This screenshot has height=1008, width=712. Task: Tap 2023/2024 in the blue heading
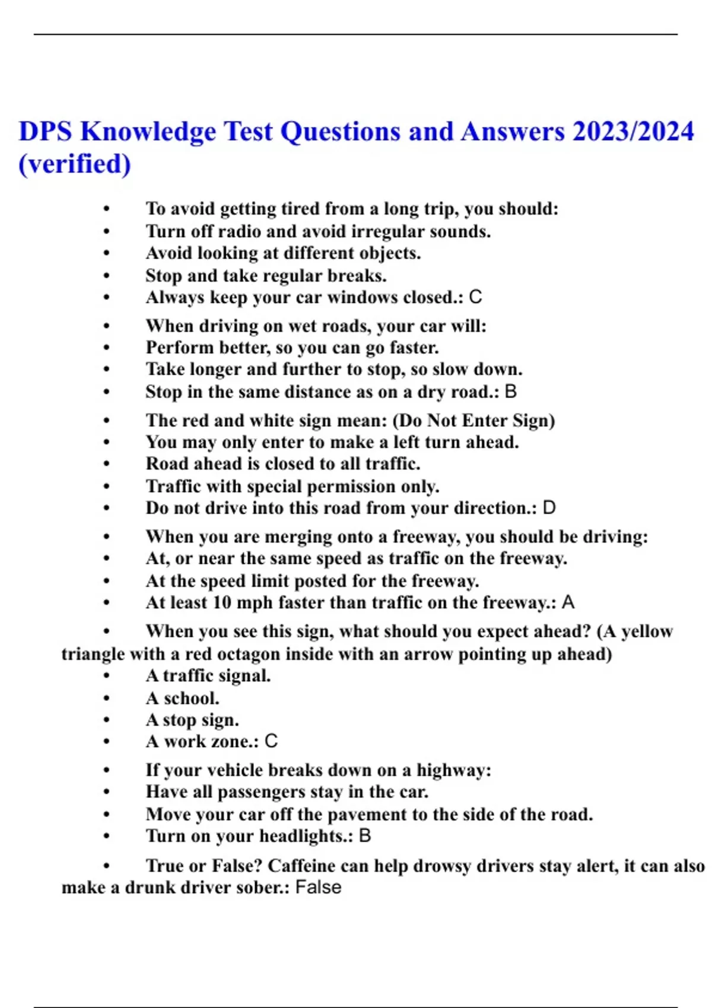[x=632, y=132]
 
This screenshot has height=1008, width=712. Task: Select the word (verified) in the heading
[x=75, y=164]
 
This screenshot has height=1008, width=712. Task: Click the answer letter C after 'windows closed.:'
[x=475, y=297]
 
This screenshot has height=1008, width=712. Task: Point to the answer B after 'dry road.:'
[x=510, y=391]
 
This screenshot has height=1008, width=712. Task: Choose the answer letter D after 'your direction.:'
[x=549, y=508]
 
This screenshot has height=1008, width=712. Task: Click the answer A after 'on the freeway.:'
[x=568, y=602]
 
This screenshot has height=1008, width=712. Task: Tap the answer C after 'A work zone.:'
[x=271, y=741]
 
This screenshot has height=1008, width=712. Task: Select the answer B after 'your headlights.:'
[x=365, y=836]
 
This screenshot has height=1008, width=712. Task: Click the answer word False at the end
[x=318, y=888]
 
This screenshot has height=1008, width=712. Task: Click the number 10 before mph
[x=222, y=602]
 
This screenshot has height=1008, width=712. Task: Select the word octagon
[x=248, y=654]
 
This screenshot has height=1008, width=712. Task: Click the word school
[x=191, y=698]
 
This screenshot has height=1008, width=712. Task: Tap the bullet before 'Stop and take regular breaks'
[x=107, y=276]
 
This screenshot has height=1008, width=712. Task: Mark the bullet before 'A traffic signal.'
[x=107, y=676]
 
